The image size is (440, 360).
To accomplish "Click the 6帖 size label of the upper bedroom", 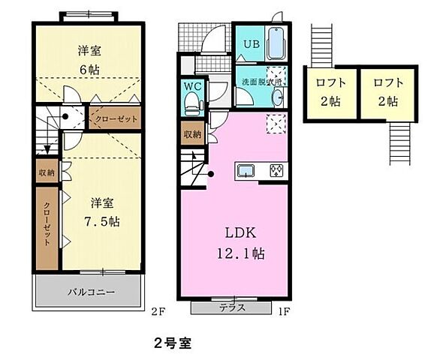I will tap(90, 68).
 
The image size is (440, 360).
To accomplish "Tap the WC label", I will tap(191, 85).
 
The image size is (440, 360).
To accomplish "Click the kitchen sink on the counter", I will tap(246, 170).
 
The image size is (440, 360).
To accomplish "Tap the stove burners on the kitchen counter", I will tap(276, 170).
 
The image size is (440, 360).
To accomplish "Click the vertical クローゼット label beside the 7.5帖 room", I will tap(46, 225).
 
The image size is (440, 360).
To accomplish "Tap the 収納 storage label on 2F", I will tap(47, 172).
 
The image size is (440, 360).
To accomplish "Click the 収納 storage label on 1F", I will tap(192, 134).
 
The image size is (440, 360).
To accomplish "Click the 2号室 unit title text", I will tap(173, 344).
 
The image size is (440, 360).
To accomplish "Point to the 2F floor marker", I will tap(155, 308).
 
